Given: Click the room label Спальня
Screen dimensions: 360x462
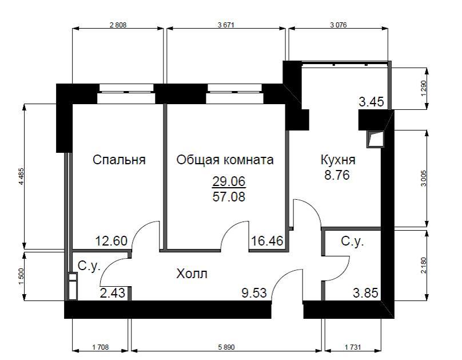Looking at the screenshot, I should pyautogui.click(x=119, y=160).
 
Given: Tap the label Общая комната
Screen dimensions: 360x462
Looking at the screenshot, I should pyautogui.click(x=225, y=160).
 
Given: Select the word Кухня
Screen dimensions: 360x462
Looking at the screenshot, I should pyautogui.click(x=337, y=160).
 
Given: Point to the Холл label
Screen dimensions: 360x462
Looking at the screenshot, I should pyautogui.click(x=192, y=274).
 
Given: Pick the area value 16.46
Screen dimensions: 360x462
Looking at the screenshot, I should pyautogui.click(x=267, y=241).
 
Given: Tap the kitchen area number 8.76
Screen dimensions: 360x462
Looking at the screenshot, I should pyautogui.click(x=337, y=175).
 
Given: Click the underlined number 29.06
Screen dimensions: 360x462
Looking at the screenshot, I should pyautogui.click(x=229, y=182).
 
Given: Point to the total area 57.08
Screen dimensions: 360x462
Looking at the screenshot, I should pyautogui.click(x=229, y=197).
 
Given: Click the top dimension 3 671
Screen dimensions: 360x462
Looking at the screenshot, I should pyautogui.click(x=227, y=25).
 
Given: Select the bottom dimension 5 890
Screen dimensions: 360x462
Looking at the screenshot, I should pyautogui.click(x=228, y=347).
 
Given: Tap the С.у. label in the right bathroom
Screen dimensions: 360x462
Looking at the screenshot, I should pyautogui.click(x=352, y=242).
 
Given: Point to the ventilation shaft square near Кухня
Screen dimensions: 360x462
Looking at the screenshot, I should pyautogui.click(x=374, y=140).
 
